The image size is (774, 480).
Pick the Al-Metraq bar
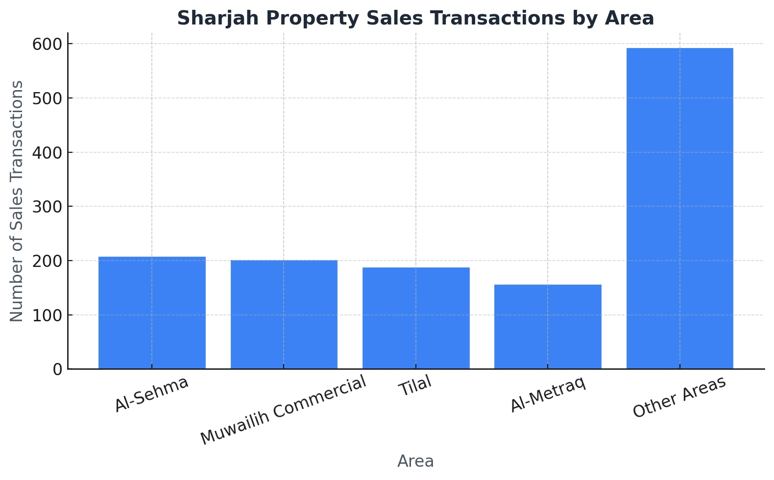(548, 327)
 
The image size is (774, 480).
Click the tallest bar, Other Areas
(679, 208)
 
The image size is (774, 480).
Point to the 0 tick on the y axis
(57, 369)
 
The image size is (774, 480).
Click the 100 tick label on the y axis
(48, 315)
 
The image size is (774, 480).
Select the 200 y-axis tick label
(48, 261)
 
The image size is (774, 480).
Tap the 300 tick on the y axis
(48, 207)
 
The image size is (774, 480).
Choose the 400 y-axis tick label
(48, 153)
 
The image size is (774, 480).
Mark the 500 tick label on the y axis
(48, 98)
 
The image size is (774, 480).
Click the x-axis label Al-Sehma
(151, 394)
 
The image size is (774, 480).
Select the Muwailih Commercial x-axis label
(283, 410)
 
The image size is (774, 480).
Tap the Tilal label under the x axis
(415, 386)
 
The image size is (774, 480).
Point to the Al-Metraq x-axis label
(548, 395)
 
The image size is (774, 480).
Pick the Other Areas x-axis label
(679, 397)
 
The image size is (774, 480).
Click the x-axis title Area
(415, 461)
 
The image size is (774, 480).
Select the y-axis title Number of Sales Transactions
(17, 201)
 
